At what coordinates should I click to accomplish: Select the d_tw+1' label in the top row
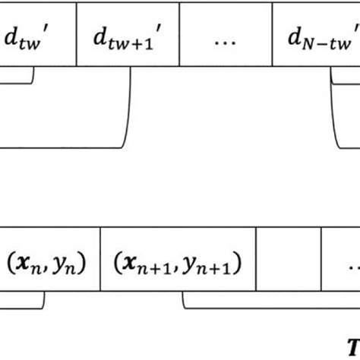(x=125, y=36)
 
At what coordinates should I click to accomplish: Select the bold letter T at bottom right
(x=352, y=343)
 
